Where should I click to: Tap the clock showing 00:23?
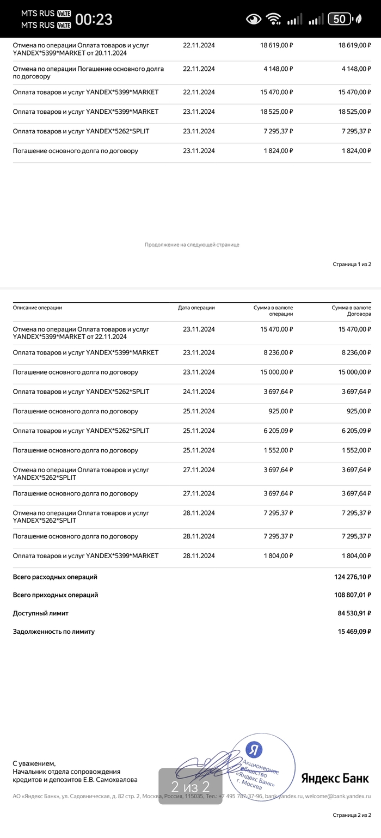pos(94,20)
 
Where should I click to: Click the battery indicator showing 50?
pos(339,19)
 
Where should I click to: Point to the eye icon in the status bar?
pos(254,20)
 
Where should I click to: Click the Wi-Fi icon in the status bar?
pos(273,20)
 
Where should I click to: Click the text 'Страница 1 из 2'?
pos(352,264)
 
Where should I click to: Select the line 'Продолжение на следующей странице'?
pos(192,244)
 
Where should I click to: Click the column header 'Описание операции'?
pos(38,308)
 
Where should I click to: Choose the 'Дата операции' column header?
pos(196,308)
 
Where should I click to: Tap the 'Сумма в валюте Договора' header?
pos(351,311)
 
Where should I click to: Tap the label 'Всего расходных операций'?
pos(55,577)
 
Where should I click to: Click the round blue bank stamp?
pos(261,768)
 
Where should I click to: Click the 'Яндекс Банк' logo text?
pos(335,778)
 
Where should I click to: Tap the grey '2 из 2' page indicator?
pos(190,786)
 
